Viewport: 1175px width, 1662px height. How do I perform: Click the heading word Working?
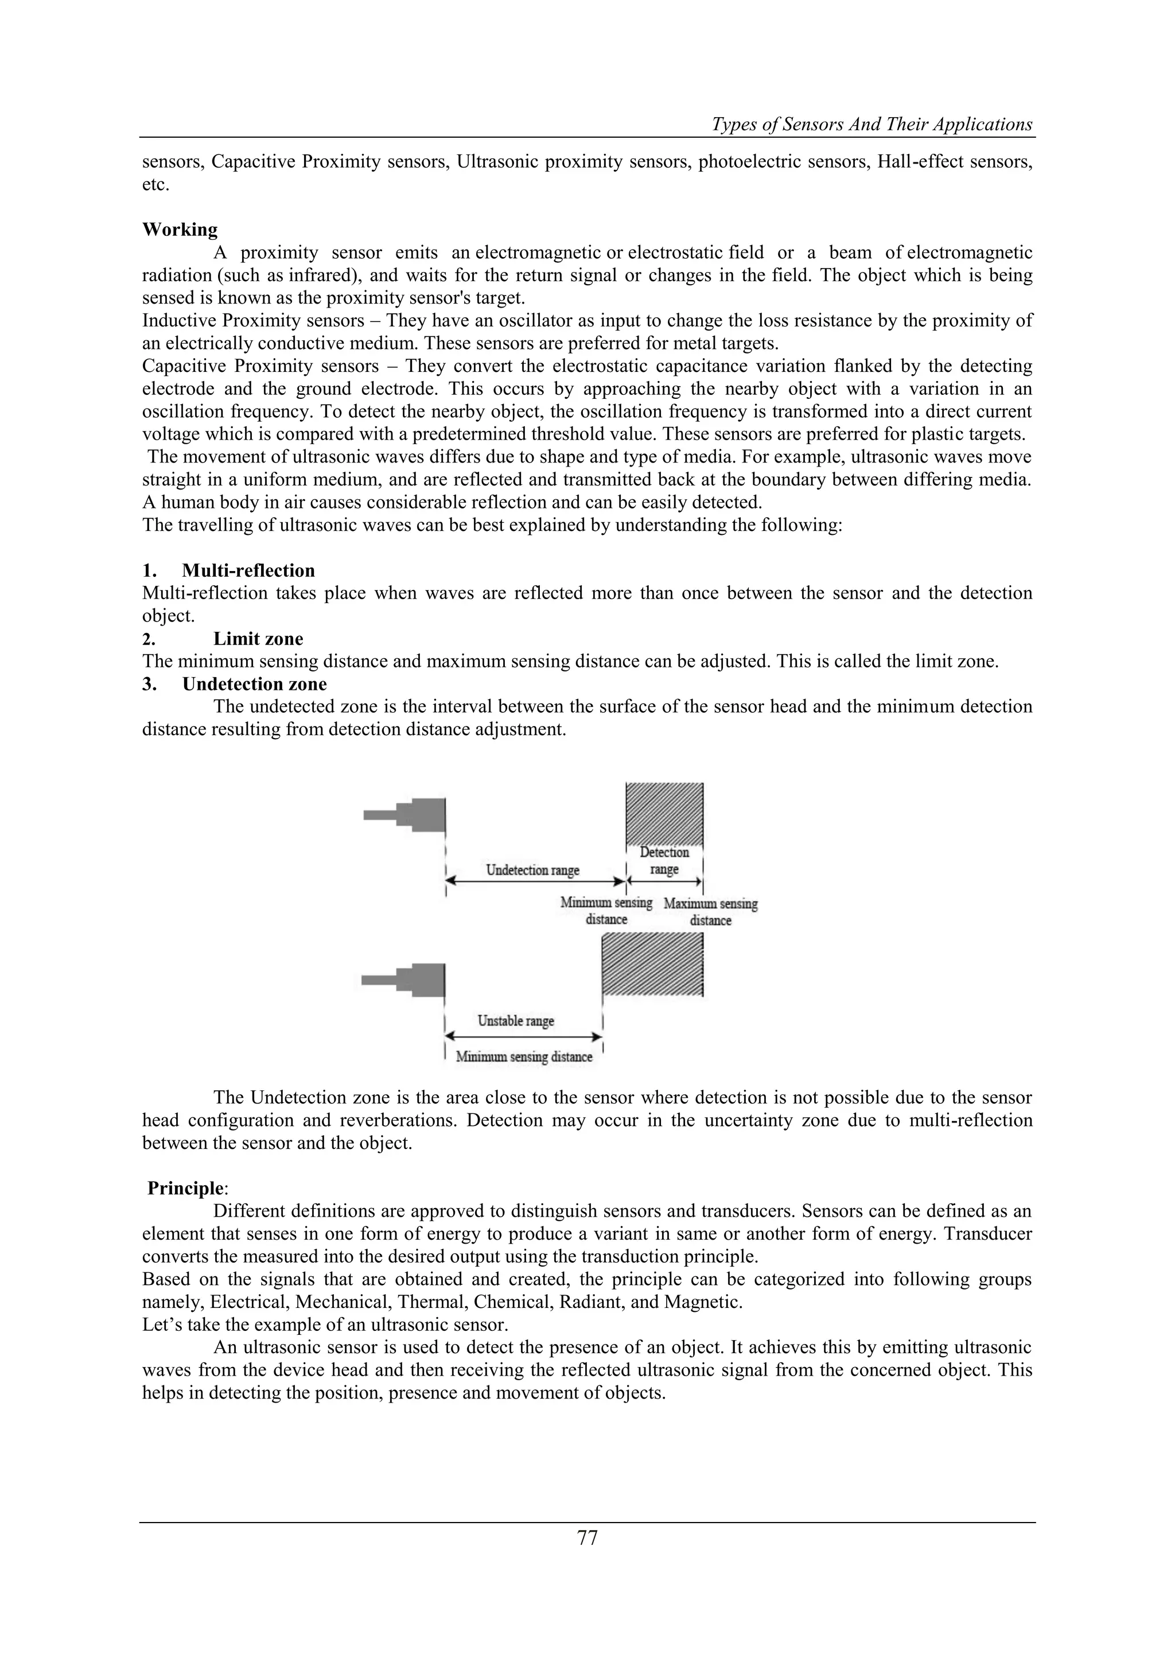point(180,230)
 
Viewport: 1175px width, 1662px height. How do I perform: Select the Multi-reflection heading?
point(248,570)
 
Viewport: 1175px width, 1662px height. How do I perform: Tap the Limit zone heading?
point(258,638)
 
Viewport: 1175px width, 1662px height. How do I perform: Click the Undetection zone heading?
point(254,684)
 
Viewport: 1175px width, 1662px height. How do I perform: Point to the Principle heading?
point(185,1189)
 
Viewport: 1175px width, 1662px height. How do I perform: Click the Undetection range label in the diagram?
point(532,870)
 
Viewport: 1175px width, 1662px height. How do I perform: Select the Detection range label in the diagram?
point(664,861)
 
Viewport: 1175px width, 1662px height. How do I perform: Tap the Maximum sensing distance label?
point(710,912)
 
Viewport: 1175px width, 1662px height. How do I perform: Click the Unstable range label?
point(516,1020)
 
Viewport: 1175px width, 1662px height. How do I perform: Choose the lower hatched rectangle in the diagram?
point(652,964)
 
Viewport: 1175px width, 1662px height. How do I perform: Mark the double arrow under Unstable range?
point(523,1037)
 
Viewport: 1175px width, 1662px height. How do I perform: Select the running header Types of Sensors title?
point(872,125)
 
